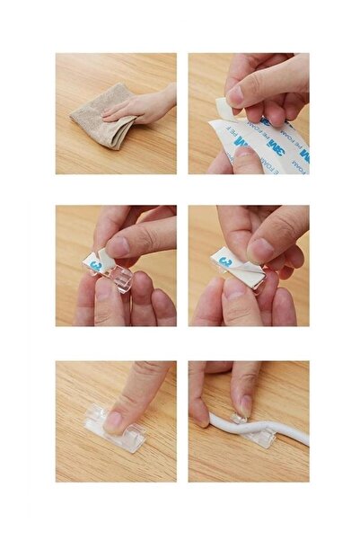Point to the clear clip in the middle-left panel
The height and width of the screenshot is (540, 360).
coord(117,277)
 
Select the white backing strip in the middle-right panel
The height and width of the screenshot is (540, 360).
coord(235,267)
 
